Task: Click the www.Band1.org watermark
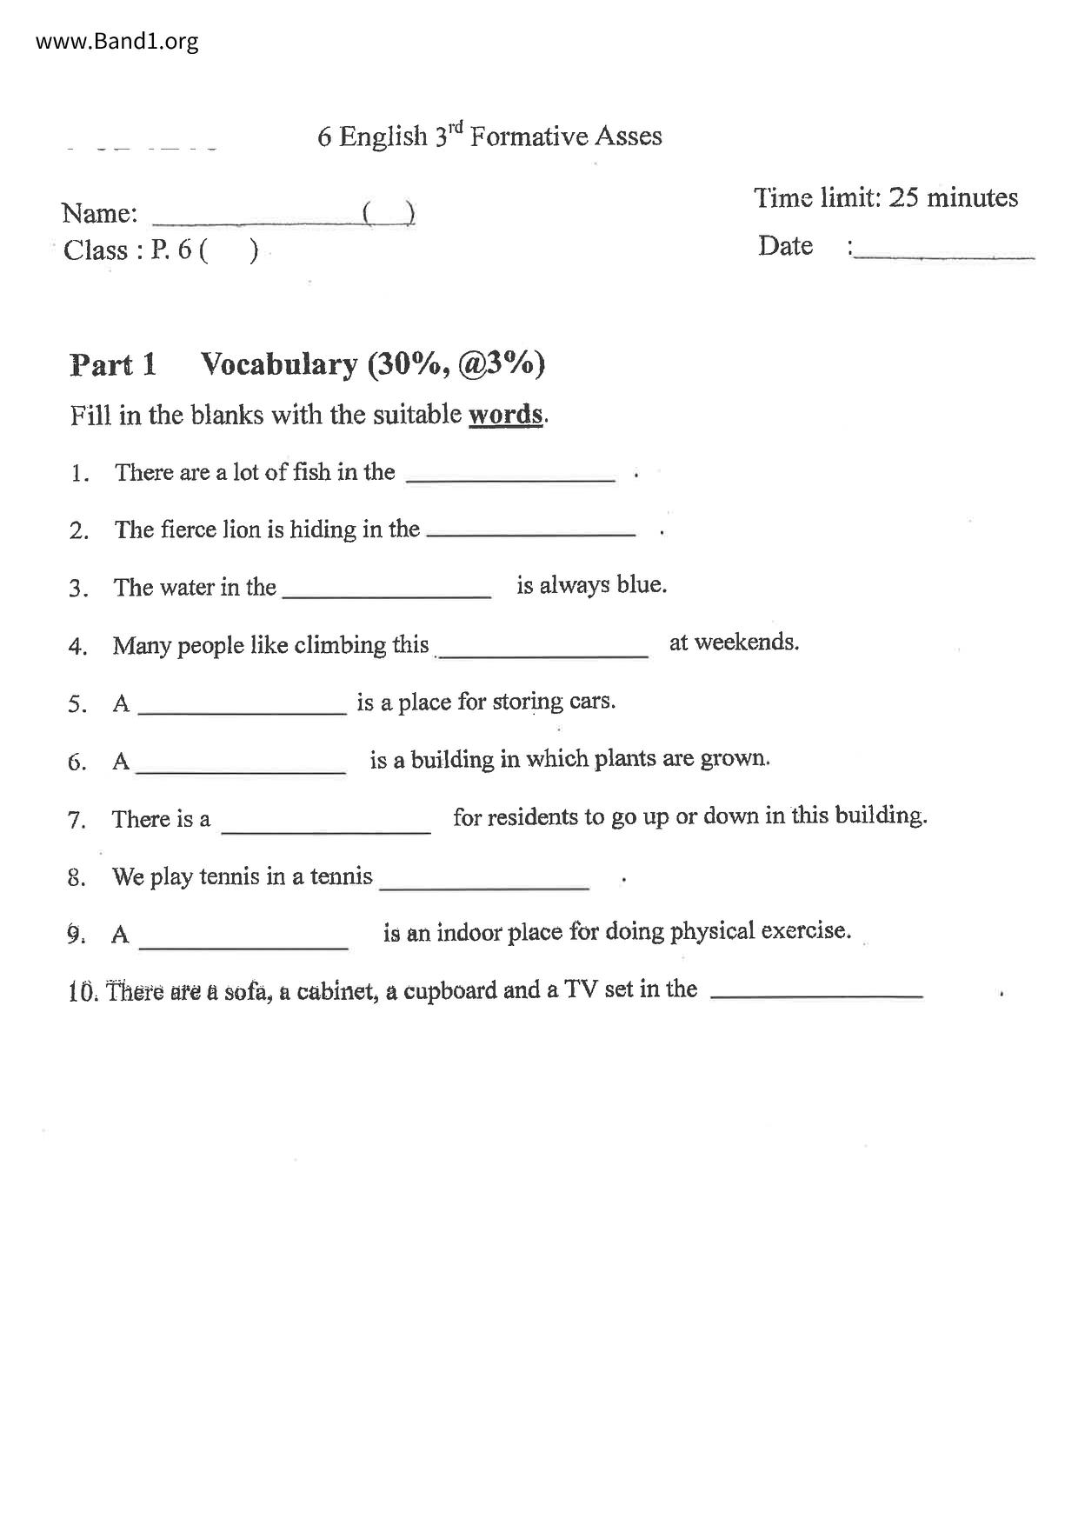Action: click(117, 41)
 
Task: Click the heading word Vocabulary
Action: click(279, 364)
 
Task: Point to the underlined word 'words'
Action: click(506, 414)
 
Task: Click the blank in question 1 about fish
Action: click(510, 477)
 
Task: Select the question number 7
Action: click(77, 820)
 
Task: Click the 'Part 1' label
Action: click(113, 365)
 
